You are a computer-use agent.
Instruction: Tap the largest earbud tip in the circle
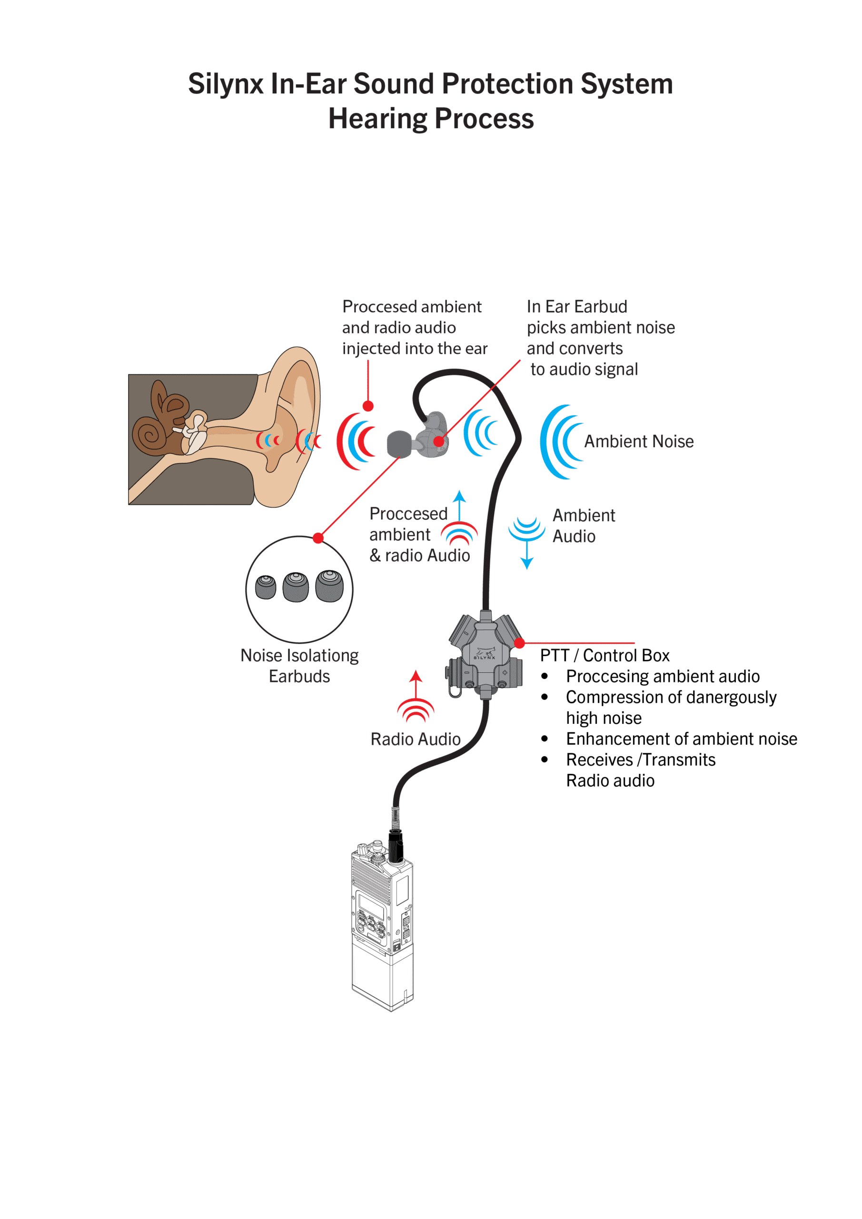pos(329,586)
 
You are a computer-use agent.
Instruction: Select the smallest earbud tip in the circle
pos(266,587)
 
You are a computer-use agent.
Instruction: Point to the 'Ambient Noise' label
pos(639,442)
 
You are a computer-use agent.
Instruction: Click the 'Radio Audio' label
pos(416,739)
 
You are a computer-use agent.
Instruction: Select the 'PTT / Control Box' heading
pos(604,656)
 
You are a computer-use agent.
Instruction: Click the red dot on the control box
pos(520,643)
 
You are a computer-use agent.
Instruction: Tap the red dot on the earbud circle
pos(318,539)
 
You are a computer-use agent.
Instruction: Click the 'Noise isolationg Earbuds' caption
pos(299,666)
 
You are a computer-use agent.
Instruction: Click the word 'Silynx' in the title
pos(226,84)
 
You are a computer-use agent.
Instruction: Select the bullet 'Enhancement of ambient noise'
pos(681,739)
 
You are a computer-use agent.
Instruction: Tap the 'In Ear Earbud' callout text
pos(577,307)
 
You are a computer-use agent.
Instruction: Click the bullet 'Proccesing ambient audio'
pos(663,676)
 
